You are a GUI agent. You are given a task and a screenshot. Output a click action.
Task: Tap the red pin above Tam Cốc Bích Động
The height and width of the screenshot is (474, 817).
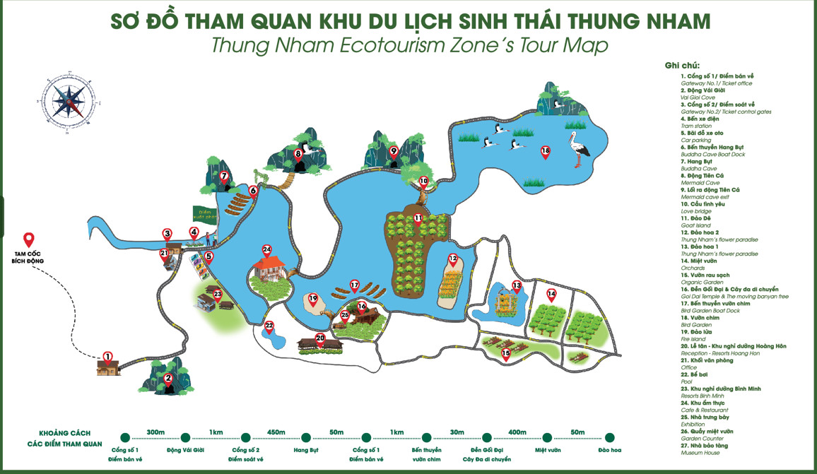tap(29, 239)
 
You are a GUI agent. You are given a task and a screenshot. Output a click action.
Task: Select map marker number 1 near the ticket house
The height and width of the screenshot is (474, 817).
tap(107, 357)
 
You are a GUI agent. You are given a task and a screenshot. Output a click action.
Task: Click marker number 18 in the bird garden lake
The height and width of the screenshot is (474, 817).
tap(545, 151)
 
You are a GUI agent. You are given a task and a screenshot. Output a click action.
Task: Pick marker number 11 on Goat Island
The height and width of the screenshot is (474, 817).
tap(418, 218)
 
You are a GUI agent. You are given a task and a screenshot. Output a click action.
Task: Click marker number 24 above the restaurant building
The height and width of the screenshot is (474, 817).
tap(266, 249)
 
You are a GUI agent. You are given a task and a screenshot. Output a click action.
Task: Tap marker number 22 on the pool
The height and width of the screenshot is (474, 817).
tap(269, 326)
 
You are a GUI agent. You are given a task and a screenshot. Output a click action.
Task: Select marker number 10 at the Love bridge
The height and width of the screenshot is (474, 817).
tap(423, 182)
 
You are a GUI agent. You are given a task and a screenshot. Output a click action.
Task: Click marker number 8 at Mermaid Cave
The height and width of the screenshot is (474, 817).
tap(298, 153)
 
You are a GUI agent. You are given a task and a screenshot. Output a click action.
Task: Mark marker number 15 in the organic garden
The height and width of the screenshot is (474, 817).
tap(505, 353)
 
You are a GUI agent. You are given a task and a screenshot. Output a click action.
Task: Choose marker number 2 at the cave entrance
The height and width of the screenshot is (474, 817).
tap(168, 379)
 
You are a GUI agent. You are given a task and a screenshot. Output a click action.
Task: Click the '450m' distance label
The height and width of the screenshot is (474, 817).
tap(276, 432)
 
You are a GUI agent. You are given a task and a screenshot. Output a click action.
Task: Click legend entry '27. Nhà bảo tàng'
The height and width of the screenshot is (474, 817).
tap(707, 445)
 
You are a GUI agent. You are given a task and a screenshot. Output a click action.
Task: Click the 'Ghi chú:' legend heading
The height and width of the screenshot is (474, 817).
tap(681, 66)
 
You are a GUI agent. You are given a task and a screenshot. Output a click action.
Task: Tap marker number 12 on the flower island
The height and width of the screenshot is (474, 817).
tap(453, 259)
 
